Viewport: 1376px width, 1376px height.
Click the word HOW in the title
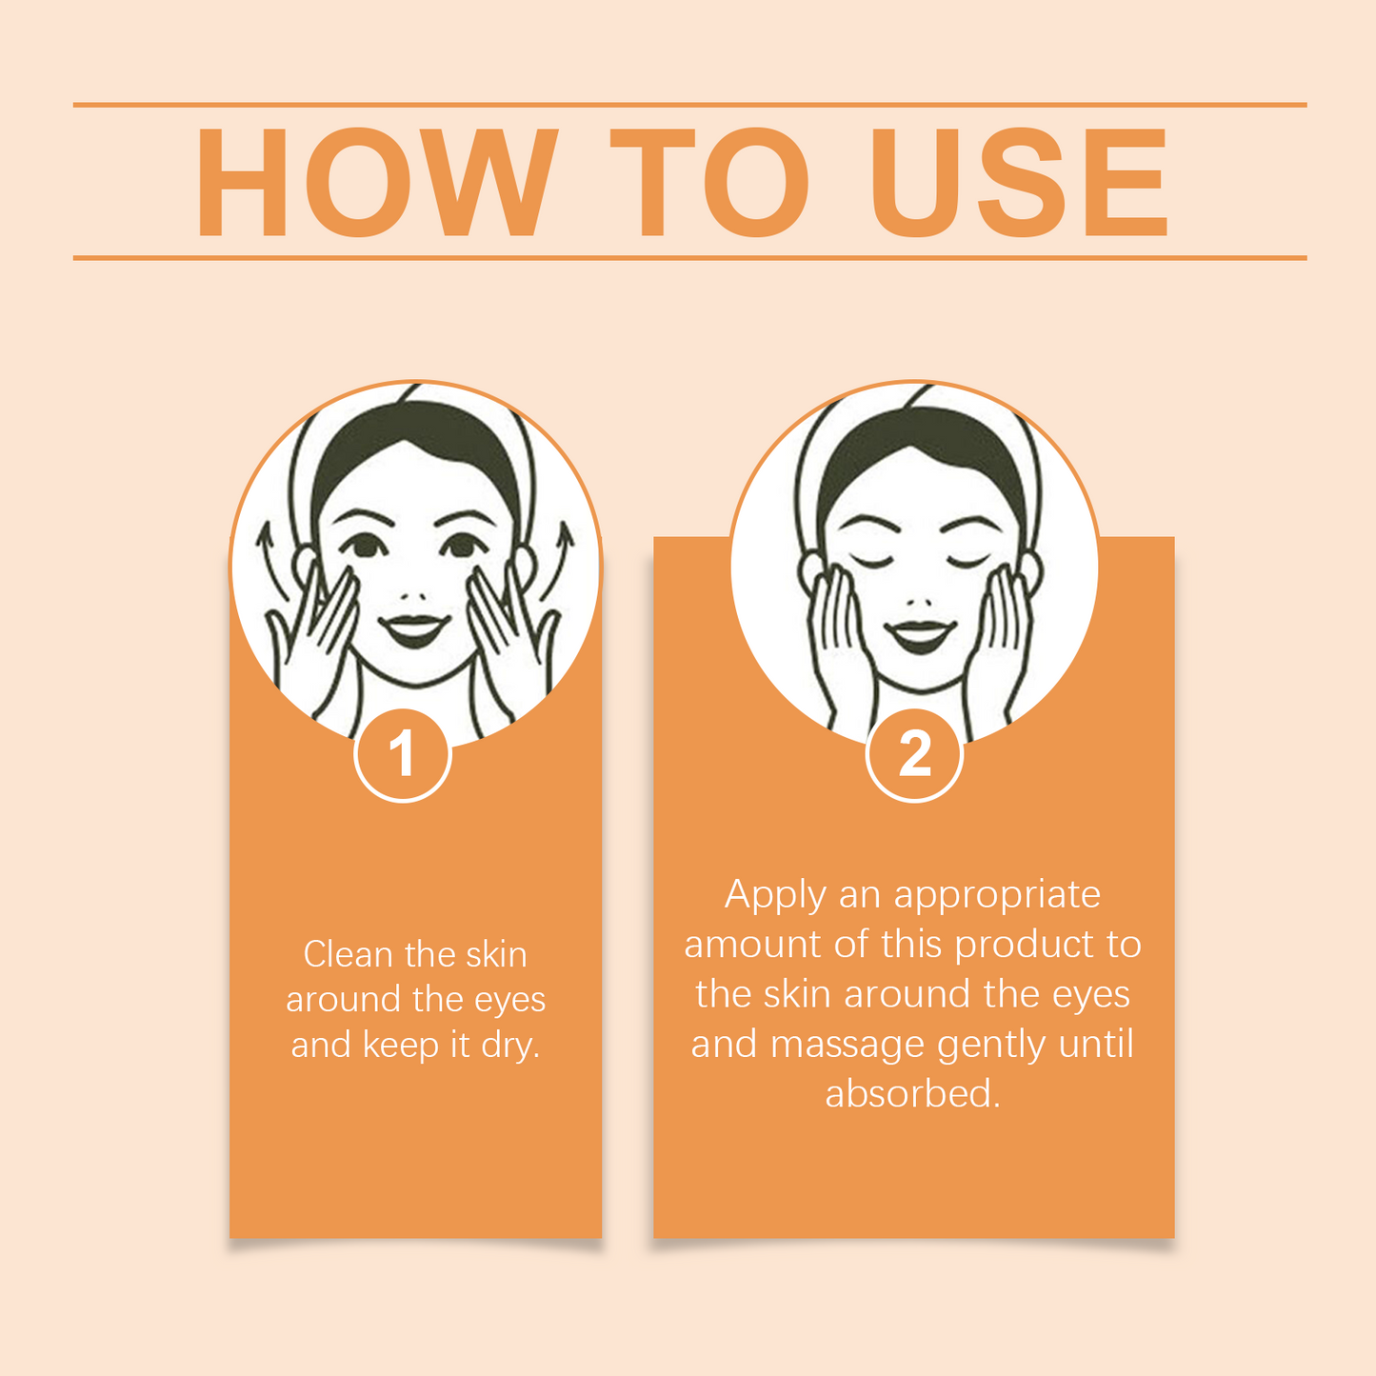[x=376, y=182]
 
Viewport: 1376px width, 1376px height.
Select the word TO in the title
[x=709, y=182]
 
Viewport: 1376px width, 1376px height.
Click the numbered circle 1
[x=403, y=755]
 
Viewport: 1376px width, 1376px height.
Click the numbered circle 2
[x=914, y=755]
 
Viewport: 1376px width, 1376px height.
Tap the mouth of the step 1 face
[x=414, y=629]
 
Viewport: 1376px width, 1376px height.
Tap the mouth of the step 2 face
[x=921, y=635]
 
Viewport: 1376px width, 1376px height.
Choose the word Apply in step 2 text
[x=775, y=896]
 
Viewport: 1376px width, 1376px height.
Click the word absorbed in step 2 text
[x=912, y=1094]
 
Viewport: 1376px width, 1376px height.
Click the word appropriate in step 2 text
[x=997, y=896]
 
